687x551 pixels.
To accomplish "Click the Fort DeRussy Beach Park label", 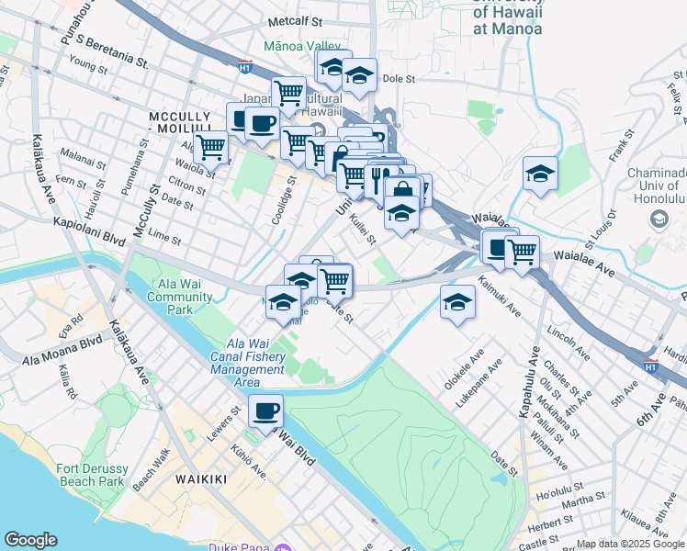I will click(89, 474).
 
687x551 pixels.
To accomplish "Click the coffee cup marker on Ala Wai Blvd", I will click(265, 411).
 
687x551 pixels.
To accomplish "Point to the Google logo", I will click(30, 540).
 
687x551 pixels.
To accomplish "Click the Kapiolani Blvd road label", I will click(90, 226).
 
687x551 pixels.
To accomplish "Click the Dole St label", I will click(393, 79).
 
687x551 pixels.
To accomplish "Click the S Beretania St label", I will click(113, 51).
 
